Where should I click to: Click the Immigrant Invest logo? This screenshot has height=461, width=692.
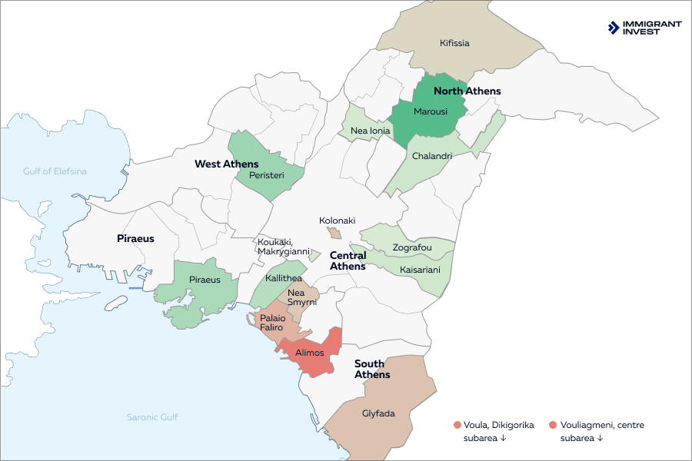click(644, 28)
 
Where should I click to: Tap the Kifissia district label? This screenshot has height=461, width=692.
click(454, 43)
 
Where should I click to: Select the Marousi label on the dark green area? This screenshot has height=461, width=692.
click(430, 111)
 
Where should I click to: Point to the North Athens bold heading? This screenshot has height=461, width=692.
click(472, 91)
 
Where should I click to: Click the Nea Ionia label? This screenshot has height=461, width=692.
click(370, 131)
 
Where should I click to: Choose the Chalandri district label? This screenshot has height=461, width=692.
click(431, 155)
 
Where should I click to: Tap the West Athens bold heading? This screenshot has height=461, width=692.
click(226, 164)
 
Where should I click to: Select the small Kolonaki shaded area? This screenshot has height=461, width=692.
click(334, 233)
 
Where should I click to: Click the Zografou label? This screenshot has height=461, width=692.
click(412, 247)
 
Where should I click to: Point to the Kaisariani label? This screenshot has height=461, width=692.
click(420, 270)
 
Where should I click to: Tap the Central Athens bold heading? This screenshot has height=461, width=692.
click(348, 260)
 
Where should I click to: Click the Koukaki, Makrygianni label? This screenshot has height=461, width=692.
click(283, 246)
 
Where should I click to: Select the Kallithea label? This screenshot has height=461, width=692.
click(283, 277)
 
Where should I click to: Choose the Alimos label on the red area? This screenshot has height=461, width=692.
click(310, 353)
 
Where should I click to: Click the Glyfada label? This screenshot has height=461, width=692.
click(378, 413)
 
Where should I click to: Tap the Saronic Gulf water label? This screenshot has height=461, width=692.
click(152, 417)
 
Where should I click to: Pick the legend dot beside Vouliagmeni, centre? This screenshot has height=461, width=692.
click(553, 425)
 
